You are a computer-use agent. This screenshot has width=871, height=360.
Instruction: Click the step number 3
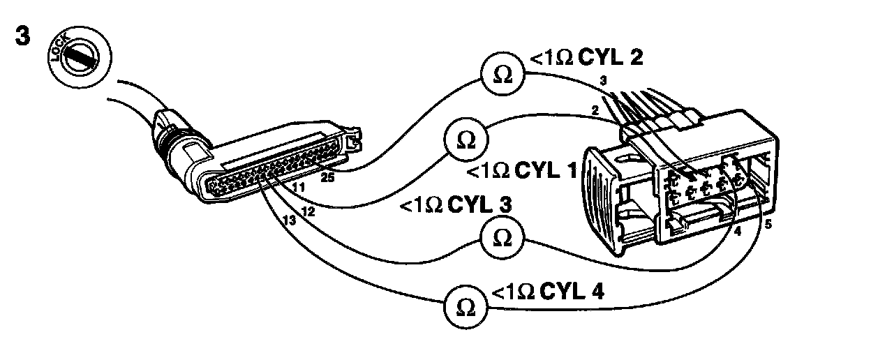tap(22, 37)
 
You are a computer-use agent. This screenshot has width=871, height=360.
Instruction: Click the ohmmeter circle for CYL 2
tap(501, 76)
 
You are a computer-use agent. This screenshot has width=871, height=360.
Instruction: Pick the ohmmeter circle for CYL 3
tap(501, 239)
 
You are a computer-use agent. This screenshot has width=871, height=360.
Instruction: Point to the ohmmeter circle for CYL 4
tap(463, 305)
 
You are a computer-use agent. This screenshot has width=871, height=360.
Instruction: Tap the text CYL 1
tap(549, 170)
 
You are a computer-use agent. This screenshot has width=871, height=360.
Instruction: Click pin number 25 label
tap(327, 178)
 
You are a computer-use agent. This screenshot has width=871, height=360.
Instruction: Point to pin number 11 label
tap(299, 188)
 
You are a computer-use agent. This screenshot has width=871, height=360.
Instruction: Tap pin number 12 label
tap(308, 210)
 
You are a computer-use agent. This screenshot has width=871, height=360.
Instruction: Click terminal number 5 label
tap(768, 225)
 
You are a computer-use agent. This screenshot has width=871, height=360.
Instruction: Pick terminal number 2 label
tap(595, 110)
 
